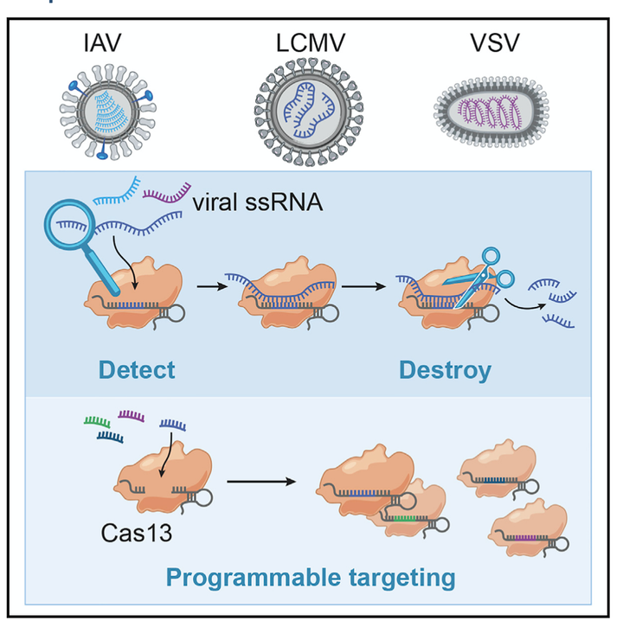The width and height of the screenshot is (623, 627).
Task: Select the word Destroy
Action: click(x=445, y=370)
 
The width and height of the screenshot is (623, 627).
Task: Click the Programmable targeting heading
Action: click(x=311, y=577)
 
